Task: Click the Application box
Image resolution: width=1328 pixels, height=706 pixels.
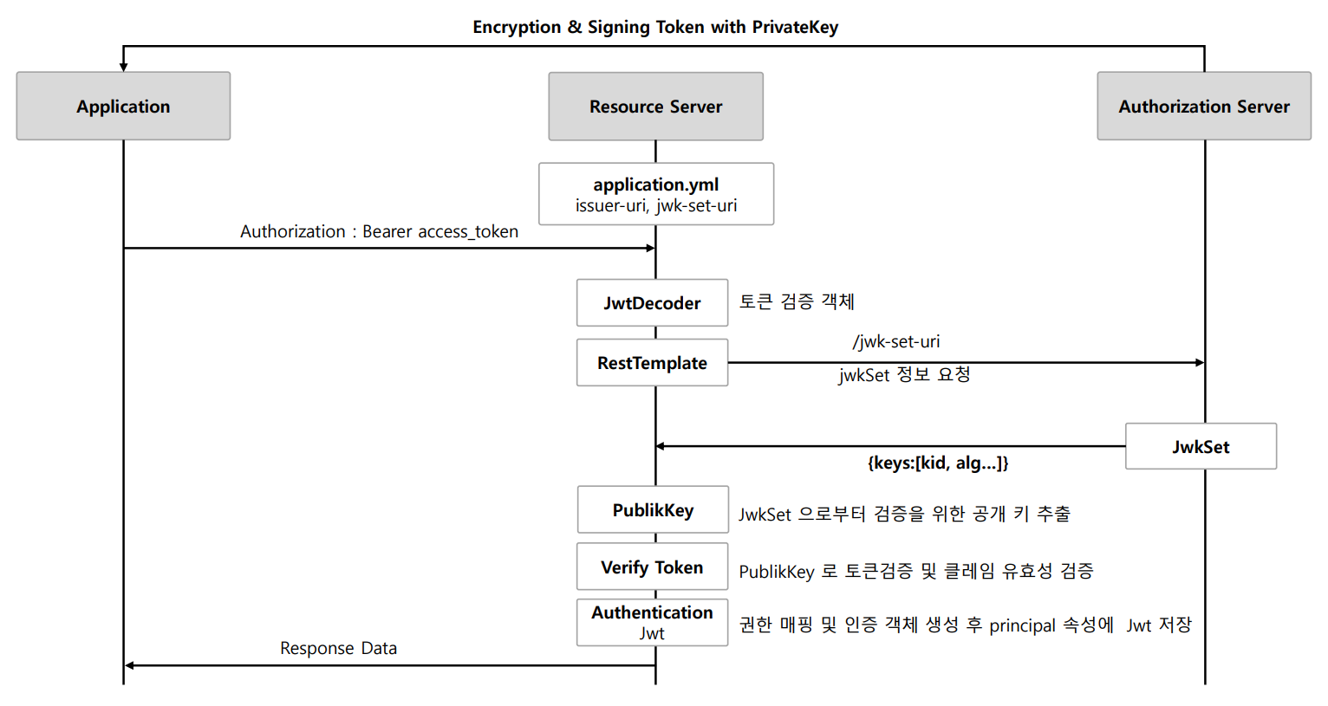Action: click(x=123, y=106)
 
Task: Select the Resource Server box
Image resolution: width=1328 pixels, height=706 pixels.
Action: click(x=655, y=107)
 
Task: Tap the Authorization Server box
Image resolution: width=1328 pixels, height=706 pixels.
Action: click(x=1204, y=106)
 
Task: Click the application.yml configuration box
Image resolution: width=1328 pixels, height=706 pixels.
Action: click(x=656, y=194)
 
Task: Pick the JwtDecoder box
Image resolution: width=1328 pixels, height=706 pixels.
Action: click(x=652, y=302)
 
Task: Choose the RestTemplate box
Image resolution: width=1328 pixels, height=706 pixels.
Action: click(x=652, y=362)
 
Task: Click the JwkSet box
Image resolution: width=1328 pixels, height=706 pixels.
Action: click(x=1201, y=446)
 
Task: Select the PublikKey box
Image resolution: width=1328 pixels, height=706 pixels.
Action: click(x=654, y=509)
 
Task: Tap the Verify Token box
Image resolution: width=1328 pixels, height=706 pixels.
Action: click(x=652, y=567)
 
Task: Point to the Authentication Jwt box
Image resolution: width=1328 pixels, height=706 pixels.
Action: click(x=652, y=622)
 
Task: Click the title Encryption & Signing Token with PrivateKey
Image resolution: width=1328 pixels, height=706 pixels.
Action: click(x=655, y=27)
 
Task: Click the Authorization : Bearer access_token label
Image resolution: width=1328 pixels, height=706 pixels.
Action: click(x=380, y=231)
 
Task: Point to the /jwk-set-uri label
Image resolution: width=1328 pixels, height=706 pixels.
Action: click(x=895, y=342)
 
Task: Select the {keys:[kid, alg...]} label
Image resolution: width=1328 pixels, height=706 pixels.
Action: click(x=938, y=463)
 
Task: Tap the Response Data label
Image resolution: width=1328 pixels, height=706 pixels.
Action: click(x=339, y=648)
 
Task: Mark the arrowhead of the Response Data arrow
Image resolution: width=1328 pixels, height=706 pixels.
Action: click(x=129, y=666)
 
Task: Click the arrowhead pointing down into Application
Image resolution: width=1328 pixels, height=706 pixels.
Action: click(x=123, y=68)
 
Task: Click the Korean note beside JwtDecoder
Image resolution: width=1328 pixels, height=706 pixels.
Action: click(x=797, y=301)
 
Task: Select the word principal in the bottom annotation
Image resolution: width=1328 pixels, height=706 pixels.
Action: click(x=1022, y=625)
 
